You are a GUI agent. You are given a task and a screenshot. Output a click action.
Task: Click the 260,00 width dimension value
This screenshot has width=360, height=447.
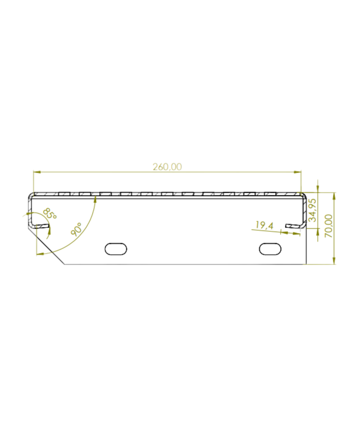pyautogui.click(x=167, y=167)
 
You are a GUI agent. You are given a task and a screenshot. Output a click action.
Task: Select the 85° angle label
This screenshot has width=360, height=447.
pyautogui.click(x=49, y=213)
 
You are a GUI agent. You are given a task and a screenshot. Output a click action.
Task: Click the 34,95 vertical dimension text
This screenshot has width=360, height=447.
pyautogui.click(x=312, y=210)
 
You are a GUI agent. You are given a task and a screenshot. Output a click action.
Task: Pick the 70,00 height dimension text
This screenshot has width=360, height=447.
pyautogui.click(x=328, y=226)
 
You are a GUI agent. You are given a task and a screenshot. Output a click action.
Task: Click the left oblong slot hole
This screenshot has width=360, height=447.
pyautogui.click(x=116, y=248)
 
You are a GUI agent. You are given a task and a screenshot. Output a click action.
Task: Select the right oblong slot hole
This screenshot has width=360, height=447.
pyautogui.click(x=271, y=248)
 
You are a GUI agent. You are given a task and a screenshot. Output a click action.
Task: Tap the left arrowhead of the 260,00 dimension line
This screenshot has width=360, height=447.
pyautogui.click(x=35, y=172)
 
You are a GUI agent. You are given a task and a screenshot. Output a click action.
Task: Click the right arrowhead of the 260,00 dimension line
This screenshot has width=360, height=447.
pyautogui.click(x=299, y=172)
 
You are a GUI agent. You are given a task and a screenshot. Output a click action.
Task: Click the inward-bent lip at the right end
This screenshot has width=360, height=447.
pyautogui.click(x=294, y=225)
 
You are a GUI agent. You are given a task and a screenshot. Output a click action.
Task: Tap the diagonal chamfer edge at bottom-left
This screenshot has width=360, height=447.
pyautogui.click(x=49, y=250)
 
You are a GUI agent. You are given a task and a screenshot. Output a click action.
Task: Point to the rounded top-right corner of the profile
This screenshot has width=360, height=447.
pyautogui.click(x=304, y=195)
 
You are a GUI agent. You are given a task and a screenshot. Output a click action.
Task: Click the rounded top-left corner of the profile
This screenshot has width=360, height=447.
pyautogui.click(x=31, y=195)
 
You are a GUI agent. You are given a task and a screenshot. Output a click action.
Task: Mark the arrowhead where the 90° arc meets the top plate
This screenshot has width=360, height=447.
pyautogui.click(x=96, y=199)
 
